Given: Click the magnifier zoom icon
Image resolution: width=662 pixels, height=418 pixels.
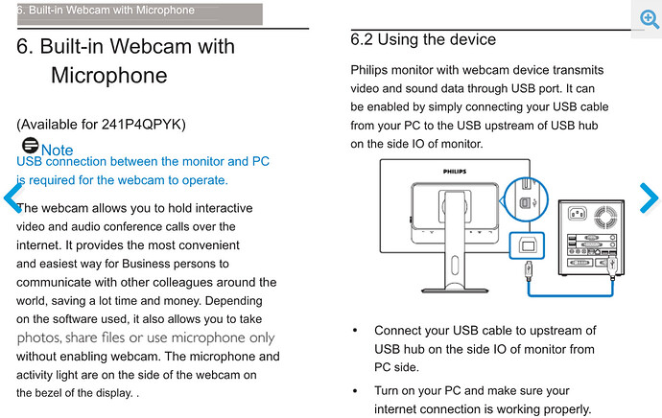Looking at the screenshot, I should (x=650, y=20).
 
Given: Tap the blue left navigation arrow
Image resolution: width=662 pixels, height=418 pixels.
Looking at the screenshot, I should (x=12, y=198).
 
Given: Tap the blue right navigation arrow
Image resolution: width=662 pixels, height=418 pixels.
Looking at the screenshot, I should (x=649, y=198).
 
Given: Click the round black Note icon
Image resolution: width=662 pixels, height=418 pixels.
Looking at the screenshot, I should (x=30, y=146).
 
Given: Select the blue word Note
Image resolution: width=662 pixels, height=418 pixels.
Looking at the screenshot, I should (x=57, y=151).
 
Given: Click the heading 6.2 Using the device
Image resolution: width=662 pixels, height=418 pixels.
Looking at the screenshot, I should (x=423, y=39).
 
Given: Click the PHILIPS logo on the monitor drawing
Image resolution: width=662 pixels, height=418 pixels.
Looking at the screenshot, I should (x=458, y=172).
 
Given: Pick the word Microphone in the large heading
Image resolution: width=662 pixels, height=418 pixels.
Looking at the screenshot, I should (x=108, y=75).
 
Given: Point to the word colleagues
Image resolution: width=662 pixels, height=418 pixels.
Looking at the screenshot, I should (x=182, y=282).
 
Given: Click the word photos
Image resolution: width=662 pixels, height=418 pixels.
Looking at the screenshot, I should (x=39, y=337).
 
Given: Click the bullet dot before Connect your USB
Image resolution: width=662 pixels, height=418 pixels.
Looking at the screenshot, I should (x=356, y=331).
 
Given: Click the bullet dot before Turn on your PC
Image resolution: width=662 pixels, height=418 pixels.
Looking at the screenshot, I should (x=356, y=391).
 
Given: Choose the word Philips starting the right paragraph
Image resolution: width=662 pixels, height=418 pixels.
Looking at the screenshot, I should (x=372, y=70).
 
